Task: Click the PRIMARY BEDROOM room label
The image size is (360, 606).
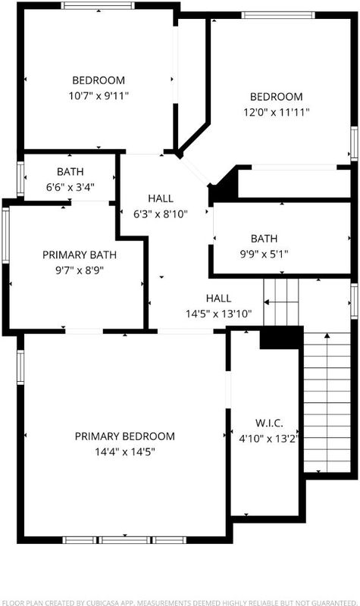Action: pyautogui.click(x=124, y=436)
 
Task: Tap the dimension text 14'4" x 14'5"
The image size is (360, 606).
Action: pyautogui.click(x=124, y=451)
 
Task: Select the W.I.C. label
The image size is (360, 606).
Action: pyautogui.click(x=269, y=423)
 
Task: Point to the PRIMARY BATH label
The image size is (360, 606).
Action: pyautogui.click(x=80, y=255)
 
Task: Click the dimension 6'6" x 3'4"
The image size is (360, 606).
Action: pyautogui.click(x=70, y=187)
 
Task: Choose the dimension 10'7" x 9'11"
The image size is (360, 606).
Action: pyautogui.click(x=99, y=95)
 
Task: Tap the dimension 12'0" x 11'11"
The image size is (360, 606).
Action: pyautogui.click(x=276, y=112)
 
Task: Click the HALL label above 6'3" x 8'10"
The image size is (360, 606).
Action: pyautogui.click(x=161, y=198)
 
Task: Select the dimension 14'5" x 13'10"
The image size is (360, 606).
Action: pyautogui.click(x=219, y=314)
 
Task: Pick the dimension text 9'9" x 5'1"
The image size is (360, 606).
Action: pyautogui.click(x=264, y=254)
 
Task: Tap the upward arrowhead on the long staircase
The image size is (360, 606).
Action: pyautogui.click(x=327, y=335)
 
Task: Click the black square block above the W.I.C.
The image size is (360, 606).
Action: pyautogui.click(x=281, y=338)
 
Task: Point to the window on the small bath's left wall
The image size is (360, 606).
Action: pyautogui.click(x=20, y=179)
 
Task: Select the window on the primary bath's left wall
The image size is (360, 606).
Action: pyautogui.click(x=5, y=236)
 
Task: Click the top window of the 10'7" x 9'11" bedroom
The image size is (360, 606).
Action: pyautogui.click(x=98, y=5)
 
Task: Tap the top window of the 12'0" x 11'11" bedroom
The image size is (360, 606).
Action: pyautogui.click(x=278, y=15)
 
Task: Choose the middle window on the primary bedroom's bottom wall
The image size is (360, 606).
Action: pyautogui.click(x=124, y=539)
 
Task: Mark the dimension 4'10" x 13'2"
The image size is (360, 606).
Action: pyautogui.click(x=269, y=439)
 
